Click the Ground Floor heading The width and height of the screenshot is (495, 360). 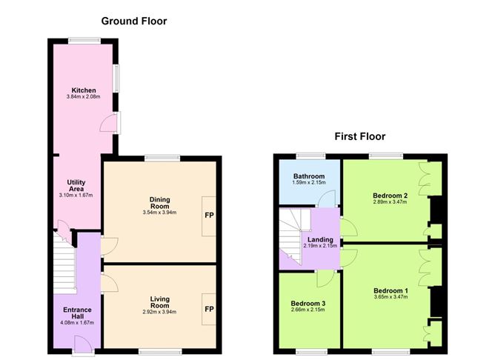click(x=134, y=21)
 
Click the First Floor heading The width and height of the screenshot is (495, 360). click(x=360, y=136)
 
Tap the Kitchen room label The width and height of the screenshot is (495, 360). click(x=84, y=90)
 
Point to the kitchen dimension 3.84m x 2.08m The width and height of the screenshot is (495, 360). click(x=83, y=97)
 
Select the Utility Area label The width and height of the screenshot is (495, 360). click(x=76, y=185)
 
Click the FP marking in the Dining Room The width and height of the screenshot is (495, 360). click(x=209, y=215)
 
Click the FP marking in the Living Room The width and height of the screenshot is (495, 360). click(x=209, y=309)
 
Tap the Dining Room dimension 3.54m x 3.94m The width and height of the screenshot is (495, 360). click(x=160, y=213)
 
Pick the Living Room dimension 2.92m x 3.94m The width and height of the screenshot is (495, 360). click(x=160, y=312)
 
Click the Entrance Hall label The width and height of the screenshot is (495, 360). click(x=77, y=313)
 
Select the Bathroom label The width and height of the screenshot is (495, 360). click(x=309, y=176)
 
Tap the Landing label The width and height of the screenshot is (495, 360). click(x=320, y=239)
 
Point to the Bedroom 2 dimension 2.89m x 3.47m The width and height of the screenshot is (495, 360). click(x=391, y=202)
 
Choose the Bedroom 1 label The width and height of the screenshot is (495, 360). click(x=391, y=290)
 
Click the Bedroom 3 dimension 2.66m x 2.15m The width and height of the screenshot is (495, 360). click(x=308, y=310)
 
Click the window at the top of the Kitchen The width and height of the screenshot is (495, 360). click(x=84, y=41)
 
